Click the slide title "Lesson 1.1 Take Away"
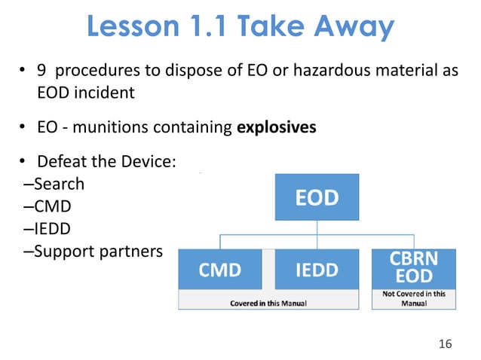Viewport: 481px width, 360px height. pyautogui.click(x=240, y=28)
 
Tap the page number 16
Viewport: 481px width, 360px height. pyautogui.click(x=445, y=344)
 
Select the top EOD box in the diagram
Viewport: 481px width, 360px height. pyautogui.click(x=316, y=198)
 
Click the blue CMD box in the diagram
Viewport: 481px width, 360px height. pyautogui.click(x=220, y=270)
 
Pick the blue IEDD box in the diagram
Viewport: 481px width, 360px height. pyautogui.click(x=316, y=270)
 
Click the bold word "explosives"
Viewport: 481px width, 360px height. pyautogui.click(x=277, y=127)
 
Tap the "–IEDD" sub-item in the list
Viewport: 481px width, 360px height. pyautogui.click(x=50, y=228)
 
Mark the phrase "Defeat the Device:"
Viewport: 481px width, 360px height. pyautogui.click(x=106, y=161)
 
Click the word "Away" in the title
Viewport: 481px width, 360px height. pyautogui.click(x=354, y=28)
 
